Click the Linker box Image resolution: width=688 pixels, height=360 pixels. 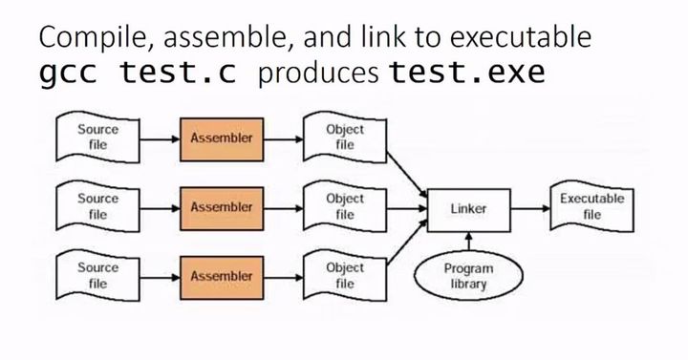468,210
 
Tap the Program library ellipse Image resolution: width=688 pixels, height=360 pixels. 468,275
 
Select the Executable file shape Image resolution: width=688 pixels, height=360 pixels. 591,206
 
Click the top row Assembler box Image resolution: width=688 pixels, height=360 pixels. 222,139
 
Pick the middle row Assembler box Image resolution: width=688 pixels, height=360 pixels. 222,209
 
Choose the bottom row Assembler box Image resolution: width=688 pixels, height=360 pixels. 222,278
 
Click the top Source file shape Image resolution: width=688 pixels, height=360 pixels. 97,137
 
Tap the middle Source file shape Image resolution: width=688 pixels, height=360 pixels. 97,206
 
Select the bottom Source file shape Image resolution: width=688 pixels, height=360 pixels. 97,275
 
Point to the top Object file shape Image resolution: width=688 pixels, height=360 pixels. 345,137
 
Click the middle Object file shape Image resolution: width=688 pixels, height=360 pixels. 345,206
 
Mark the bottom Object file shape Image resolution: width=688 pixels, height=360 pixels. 345,275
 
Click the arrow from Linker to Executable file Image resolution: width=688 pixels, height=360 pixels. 530,209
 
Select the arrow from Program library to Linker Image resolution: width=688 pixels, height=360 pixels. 468,242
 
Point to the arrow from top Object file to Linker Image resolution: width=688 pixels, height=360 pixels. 407,175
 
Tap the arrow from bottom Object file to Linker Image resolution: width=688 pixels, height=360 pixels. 407,243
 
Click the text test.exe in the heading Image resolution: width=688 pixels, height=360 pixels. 467,72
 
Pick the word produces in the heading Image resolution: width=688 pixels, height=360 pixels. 318,74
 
